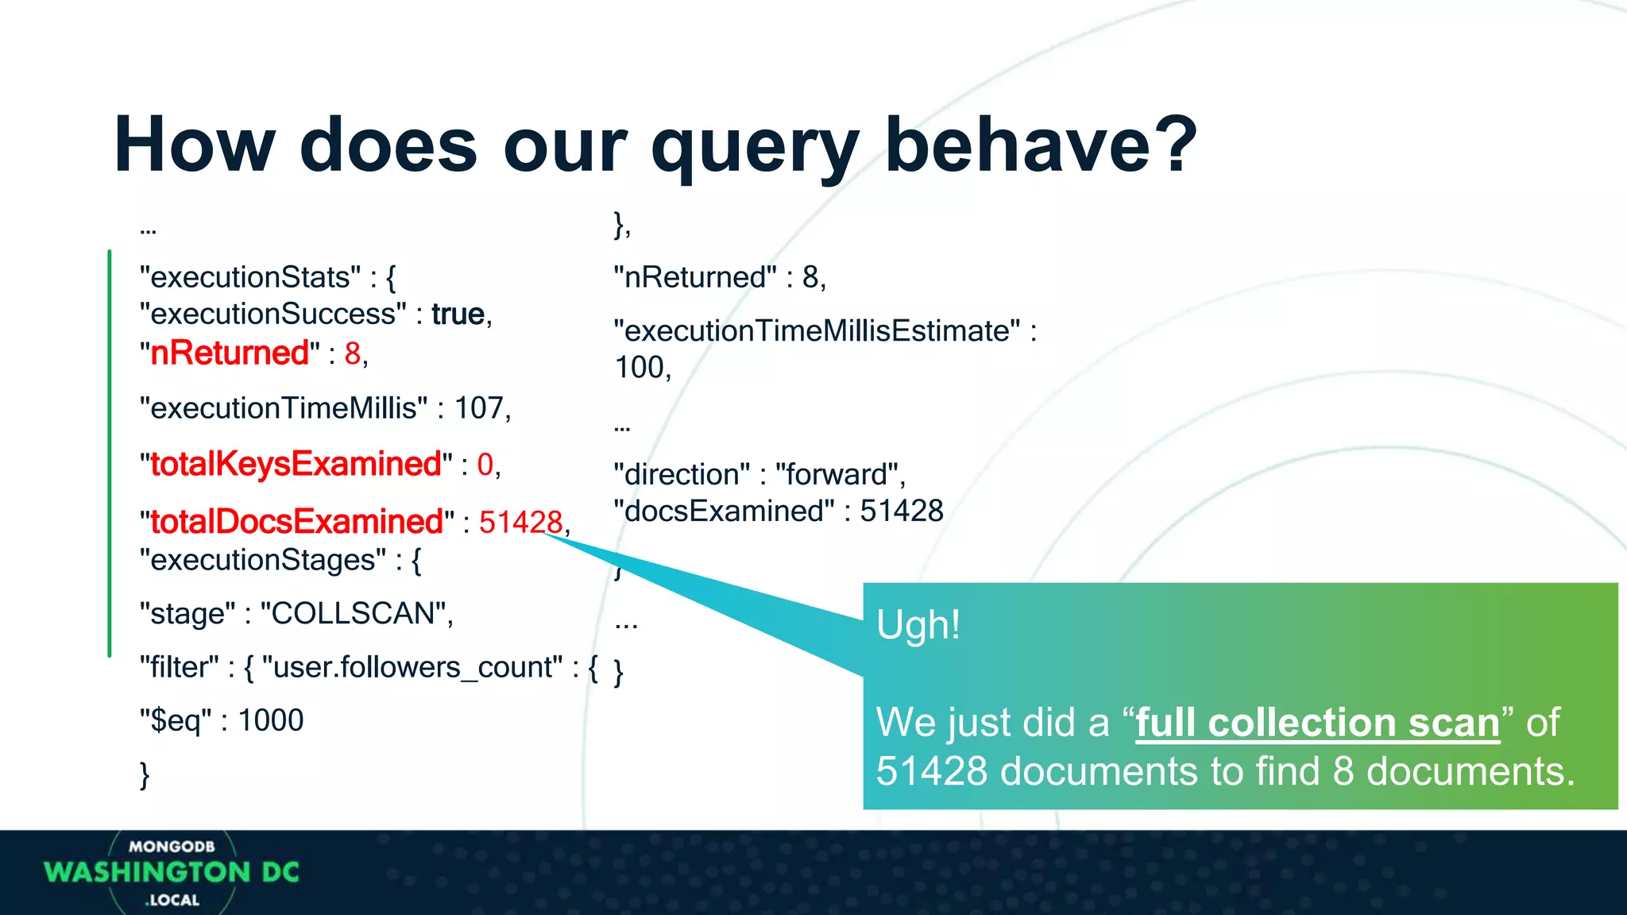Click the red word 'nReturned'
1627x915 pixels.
click(230, 353)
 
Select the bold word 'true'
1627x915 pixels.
click(458, 315)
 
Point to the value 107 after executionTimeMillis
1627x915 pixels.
click(478, 408)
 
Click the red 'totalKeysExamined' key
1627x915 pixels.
click(296, 465)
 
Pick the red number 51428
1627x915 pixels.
click(520, 523)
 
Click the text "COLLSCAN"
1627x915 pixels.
click(355, 614)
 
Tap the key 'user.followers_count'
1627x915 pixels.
click(417, 668)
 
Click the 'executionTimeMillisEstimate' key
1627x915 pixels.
click(817, 331)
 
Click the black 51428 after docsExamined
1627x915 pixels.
click(901, 512)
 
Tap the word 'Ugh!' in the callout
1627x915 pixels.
click(918, 625)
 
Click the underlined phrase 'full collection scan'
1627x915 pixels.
click(1317, 723)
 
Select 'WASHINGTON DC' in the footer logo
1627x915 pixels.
click(172, 873)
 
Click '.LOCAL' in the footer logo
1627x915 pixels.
click(172, 900)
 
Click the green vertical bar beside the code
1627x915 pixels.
click(110, 453)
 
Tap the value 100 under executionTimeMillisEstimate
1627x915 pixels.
click(640, 368)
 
